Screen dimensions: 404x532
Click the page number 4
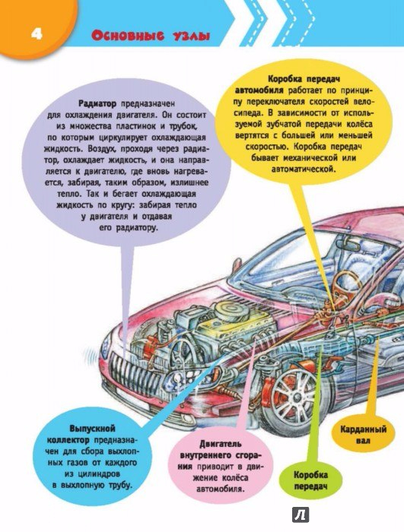coord(37,35)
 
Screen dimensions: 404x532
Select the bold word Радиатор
coord(97,103)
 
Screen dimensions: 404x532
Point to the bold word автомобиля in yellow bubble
coord(259,90)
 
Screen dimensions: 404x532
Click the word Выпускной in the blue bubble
coord(92,429)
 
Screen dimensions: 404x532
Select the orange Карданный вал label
coord(363,435)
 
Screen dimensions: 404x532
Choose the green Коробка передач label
coord(310,480)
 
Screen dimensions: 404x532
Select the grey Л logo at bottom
coord(301,515)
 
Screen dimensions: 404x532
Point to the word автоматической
coord(304,169)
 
